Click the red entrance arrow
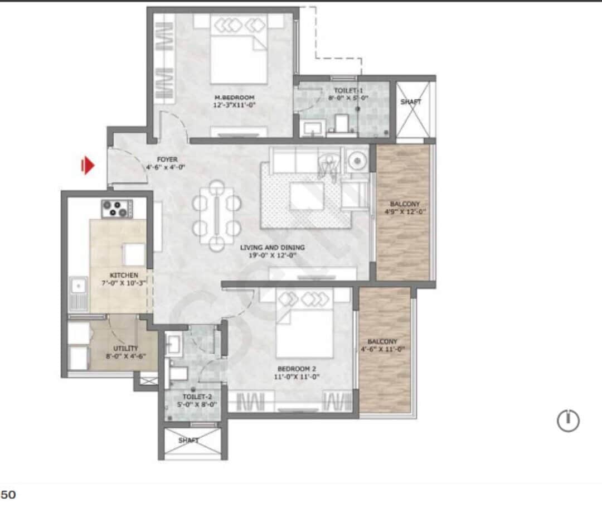coord(88,166)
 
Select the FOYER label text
coord(167,160)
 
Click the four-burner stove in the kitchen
coord(116,209)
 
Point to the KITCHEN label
coord(124,276)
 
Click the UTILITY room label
coord(125,349)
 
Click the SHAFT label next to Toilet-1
coord(411,102)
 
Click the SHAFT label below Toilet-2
coord(188,440)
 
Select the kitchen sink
coord(78,287)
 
